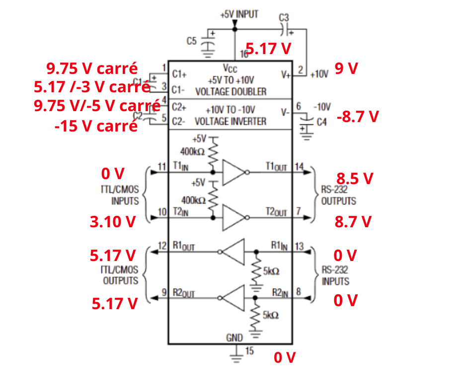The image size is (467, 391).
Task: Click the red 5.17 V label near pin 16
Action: click(x=268, y=49)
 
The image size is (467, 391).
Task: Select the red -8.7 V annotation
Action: click(x=358, y=117)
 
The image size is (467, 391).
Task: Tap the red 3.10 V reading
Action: click(x=112, y=221)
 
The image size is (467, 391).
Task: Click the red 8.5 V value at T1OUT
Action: click(x=354, y=179)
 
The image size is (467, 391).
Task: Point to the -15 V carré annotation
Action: click(x=96, y=126)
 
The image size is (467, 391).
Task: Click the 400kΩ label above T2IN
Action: click(x=194, y=200)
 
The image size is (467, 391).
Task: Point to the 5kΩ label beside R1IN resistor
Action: click(x=271, y=271)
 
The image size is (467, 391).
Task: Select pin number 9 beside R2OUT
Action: click(x=164, y=292)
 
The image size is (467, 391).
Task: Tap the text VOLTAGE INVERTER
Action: click(x=231, y=121)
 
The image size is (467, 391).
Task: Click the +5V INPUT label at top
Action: click(x=239, y=14)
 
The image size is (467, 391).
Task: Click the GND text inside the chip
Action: click(x=234, y=338)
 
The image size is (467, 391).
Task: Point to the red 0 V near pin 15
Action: click(x=285, y=357)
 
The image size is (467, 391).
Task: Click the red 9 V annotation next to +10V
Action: click(x=346, y=68)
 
